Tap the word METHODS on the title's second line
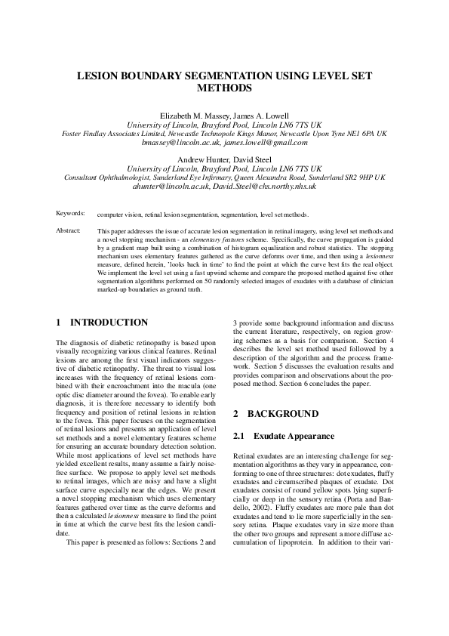224,88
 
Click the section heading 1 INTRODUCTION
103,323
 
